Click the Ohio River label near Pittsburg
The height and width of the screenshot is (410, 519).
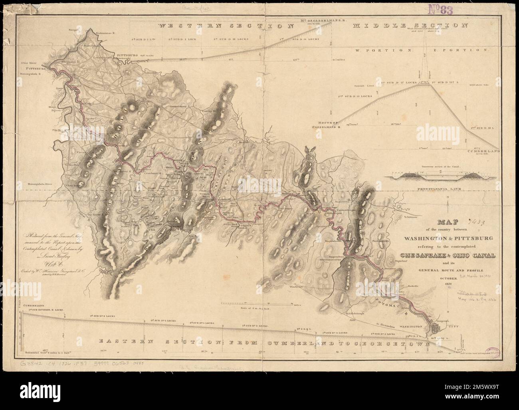click(x=29, y=63)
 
